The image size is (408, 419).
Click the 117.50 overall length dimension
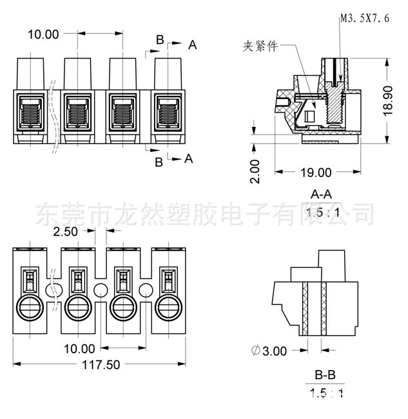101,365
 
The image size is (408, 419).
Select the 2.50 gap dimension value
65,232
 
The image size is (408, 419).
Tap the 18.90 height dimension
387,101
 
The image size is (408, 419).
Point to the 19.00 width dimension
316,172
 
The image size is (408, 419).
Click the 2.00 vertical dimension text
255,171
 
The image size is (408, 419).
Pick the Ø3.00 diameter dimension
269,351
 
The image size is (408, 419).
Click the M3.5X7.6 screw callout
365,18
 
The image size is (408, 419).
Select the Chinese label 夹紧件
260,46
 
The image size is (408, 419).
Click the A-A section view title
322,194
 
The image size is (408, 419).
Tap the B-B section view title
325,375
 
